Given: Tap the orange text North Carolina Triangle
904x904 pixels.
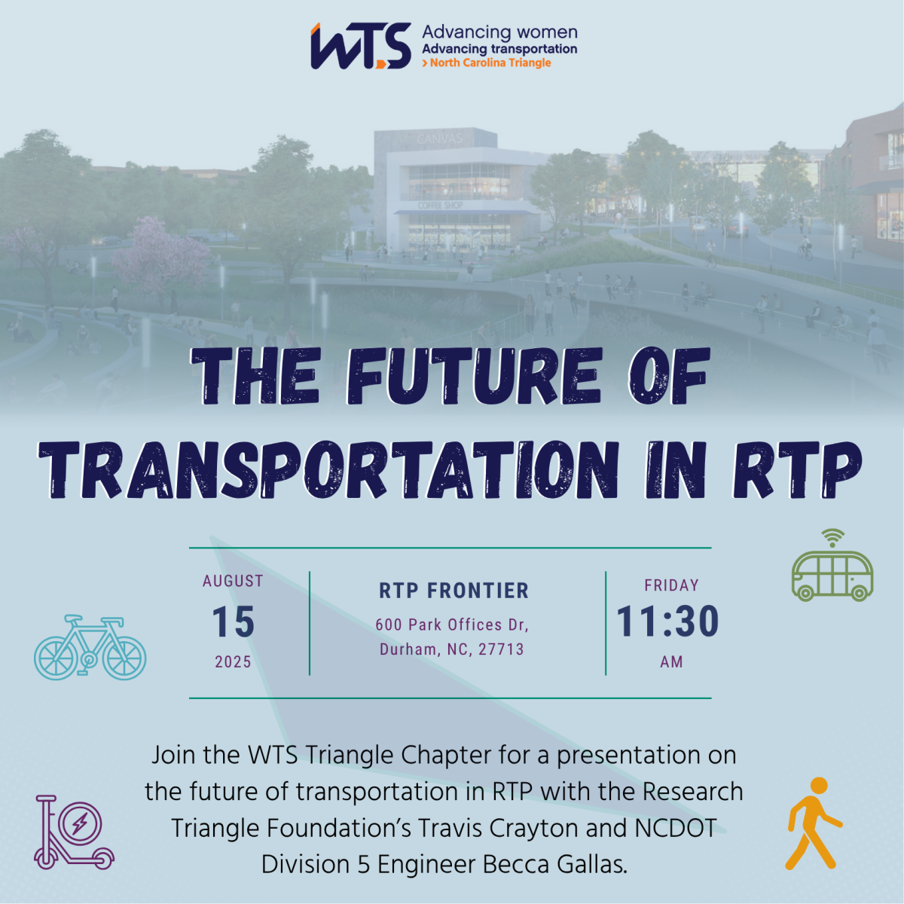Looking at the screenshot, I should pyautogui.click(x=490, y=63).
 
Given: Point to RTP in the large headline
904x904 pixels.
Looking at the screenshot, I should pyautogui.click(x=796, y=470).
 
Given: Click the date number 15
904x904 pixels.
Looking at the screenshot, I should pyautogui.click(x=233, y=622).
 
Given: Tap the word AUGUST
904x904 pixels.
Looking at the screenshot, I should pyautogui.click(x=233, y=581).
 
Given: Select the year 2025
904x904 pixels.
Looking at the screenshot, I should pyautogui.click(x=233, y=662).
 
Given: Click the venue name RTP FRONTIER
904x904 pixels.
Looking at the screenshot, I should pyautogui.click(x=454, y=591).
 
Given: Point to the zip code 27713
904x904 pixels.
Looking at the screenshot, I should pyautogui.click(x=501, y=649).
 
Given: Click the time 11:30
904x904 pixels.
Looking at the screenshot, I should pyautogui.click(x=668, y=622).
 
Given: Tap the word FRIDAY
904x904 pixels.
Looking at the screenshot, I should pyautogui.click(x=671, y=585).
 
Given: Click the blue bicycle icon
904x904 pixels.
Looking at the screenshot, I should pyautogui.click(x=90, y=648).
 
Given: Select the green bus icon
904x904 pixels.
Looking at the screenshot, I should pyautogui.click(x=832, y=576).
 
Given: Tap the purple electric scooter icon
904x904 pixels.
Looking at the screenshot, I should pyautogui.click(x=73, y=832).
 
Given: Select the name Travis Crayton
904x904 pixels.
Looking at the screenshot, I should pyautogui.click(x=497, y=828).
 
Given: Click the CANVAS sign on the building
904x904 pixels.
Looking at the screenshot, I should pyautogui.click(x=439, y=139).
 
